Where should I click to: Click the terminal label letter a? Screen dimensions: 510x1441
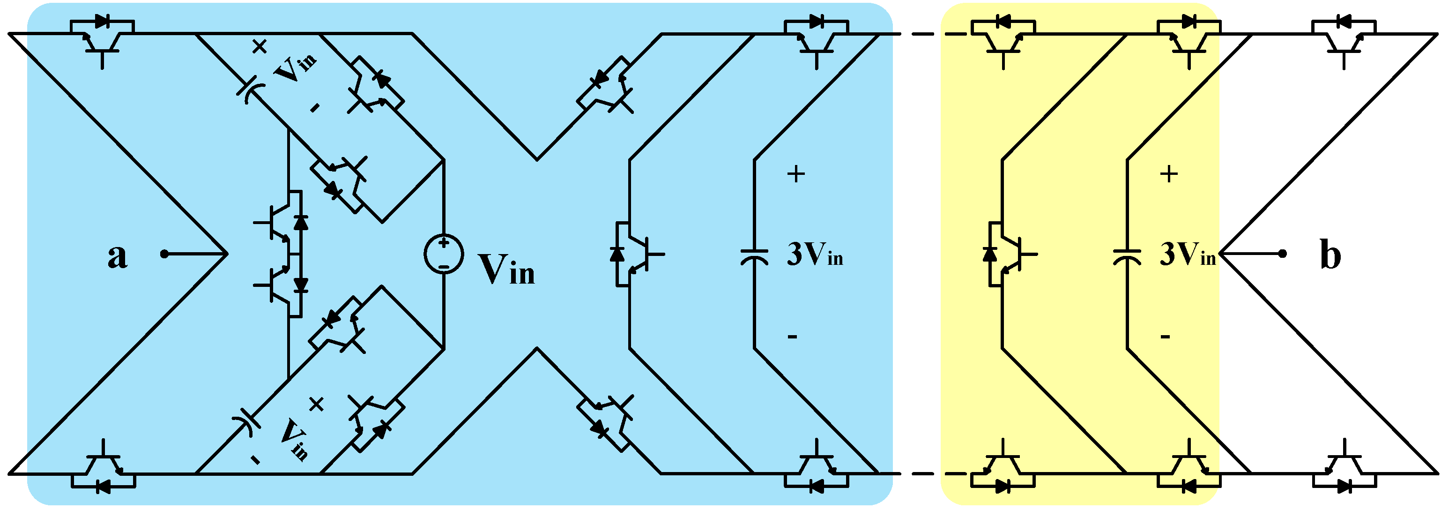pyautogui.click(x=117, y=256)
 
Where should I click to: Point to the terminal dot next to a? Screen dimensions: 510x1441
pyautogui.click(x=164, y=254)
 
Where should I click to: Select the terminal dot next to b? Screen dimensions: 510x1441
pyautogui.click(x=1283, y=254)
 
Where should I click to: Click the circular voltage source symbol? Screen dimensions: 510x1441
pyautogui.click(x=444, y=254)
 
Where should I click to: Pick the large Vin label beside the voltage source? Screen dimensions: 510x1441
pyautogui.click(x=506, y=270)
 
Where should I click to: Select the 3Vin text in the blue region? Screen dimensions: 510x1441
pyautogui.click(x=815, y=255)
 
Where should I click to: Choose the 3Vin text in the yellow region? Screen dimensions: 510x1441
pyautogui.click(x=1188, y=255)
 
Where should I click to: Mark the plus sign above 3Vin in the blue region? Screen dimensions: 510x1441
pyautogui.click(x=796, y=174)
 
